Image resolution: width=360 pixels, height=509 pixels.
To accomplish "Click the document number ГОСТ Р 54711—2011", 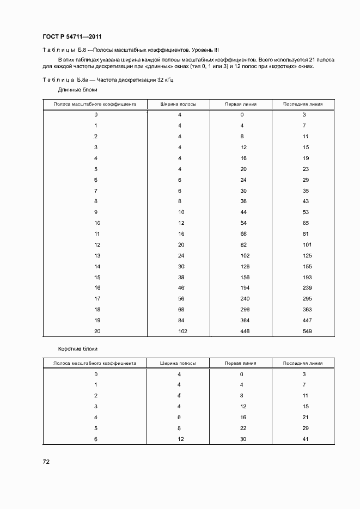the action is [72, 38].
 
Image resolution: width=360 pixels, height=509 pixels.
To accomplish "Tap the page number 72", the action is [46, 462].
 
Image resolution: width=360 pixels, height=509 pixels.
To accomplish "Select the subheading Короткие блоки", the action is [78, 348].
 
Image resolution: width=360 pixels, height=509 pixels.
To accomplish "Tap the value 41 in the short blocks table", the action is [306, 439].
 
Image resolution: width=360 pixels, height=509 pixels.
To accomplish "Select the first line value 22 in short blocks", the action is [243, 428].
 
